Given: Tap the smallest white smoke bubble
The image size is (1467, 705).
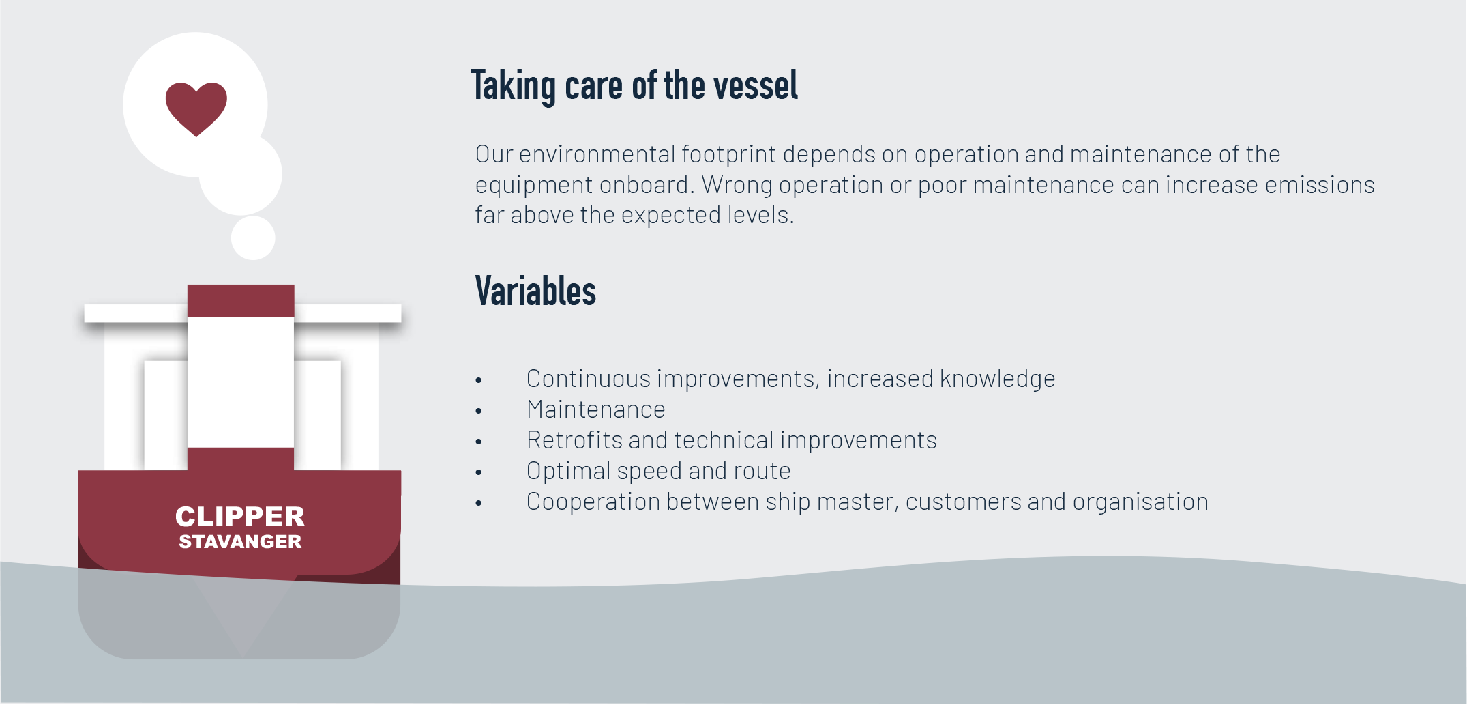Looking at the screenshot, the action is (x=253, y=238).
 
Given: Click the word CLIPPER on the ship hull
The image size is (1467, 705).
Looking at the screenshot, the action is (x=240, y=517).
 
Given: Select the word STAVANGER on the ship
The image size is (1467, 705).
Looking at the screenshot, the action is (x=240, y=542).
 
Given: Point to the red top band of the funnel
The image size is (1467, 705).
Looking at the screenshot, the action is (x=241, y=301).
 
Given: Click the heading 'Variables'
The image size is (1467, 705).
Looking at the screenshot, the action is (x=535, y=291).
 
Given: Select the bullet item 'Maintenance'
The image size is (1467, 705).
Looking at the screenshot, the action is (x=596, y=409).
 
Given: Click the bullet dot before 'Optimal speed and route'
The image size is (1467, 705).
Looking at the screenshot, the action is (x=479, y=472).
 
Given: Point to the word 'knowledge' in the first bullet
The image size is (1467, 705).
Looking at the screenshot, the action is (x=998, y=379).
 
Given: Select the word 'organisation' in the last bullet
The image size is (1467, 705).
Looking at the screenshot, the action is (x=1140, y=502).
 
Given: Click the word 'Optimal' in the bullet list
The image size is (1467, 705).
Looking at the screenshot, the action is (x=569, y=472).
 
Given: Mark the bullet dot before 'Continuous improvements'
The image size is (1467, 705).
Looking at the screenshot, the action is (x=479, y=380).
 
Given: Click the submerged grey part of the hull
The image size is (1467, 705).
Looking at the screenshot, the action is (x=239, y=618).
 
